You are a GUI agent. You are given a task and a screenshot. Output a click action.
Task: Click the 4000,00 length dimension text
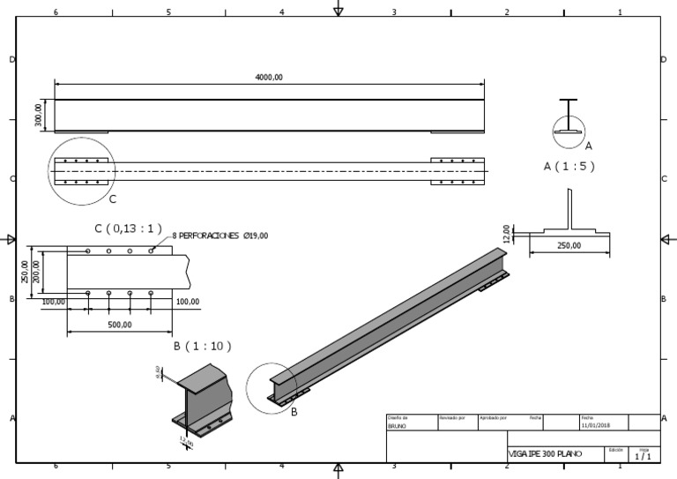[x=269, y=78]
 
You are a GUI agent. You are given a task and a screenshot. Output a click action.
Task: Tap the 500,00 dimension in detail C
[x=120, y=325]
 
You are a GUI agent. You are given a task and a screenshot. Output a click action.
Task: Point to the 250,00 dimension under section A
[x=569, y=246]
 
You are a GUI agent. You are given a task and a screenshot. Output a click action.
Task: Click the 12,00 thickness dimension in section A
[x=506, y=233]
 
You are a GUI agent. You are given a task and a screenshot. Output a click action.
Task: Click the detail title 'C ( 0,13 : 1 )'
[x=129, y=228]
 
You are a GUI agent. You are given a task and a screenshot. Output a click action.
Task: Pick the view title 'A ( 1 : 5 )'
[x=569, y=166]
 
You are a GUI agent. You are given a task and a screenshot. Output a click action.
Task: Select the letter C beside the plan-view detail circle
[x=112, y=198]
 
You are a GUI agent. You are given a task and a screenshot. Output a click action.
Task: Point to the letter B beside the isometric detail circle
[x=294, y=411]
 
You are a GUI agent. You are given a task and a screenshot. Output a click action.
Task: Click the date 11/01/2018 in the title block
[x=596, y=425]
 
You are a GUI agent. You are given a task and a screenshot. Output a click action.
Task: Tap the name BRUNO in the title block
[x=398, y=425]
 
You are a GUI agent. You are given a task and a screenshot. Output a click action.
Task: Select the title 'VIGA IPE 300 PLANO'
[x=545, y=453]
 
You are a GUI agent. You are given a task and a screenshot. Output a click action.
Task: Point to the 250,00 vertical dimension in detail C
[x=26, y=272]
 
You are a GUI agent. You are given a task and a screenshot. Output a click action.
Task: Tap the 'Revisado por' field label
[x=451, y=417]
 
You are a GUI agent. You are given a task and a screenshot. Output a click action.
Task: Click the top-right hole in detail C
[x=151, y=251]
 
